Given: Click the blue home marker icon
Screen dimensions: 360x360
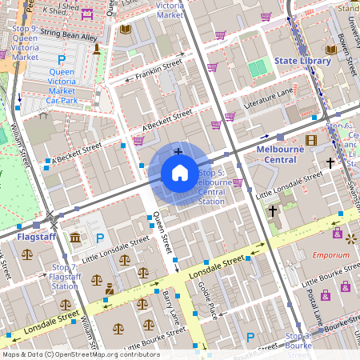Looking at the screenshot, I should click(180, 173).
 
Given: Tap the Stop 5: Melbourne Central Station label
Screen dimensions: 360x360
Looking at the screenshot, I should click(211, 187).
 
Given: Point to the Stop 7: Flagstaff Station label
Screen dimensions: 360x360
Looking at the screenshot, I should click(64, 276).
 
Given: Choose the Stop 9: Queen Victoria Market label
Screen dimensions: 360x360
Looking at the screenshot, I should click(25, 42).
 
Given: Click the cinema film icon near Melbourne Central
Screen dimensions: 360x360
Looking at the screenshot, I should click(310, 141).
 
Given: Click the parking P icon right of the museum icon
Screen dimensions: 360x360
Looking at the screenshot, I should click(100, 238).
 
